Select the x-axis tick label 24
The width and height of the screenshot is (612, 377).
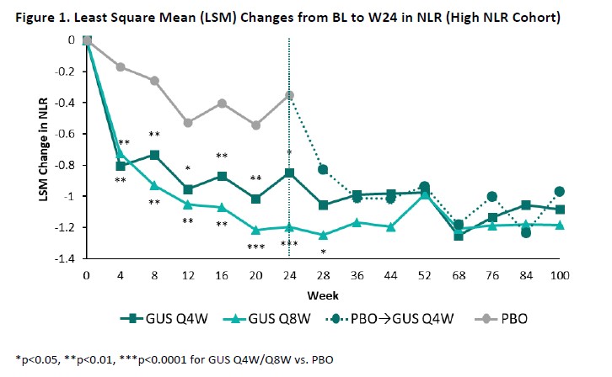click(289, 275)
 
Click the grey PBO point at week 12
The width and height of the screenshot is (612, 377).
click(188, 123)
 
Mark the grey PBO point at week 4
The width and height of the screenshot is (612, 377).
click(121, 66)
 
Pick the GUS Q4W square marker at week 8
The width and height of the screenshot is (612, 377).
click(154, 155)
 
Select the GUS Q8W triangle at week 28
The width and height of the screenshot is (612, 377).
click(323, 235)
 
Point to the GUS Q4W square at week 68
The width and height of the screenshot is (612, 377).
click(459, 236)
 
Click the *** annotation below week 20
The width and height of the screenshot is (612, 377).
click(255, 247)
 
